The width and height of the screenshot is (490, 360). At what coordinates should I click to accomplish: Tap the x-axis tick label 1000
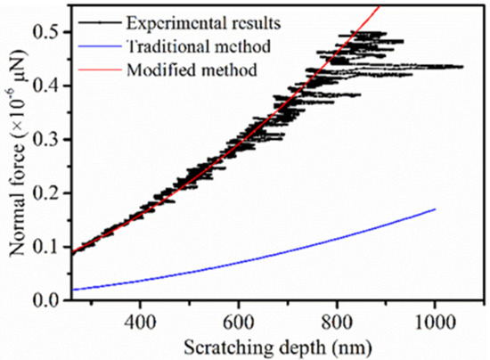(435, 319)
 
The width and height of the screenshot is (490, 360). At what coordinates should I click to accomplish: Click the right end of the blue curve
(436, 209)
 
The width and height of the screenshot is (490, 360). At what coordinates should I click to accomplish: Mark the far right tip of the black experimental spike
(463, 67)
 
